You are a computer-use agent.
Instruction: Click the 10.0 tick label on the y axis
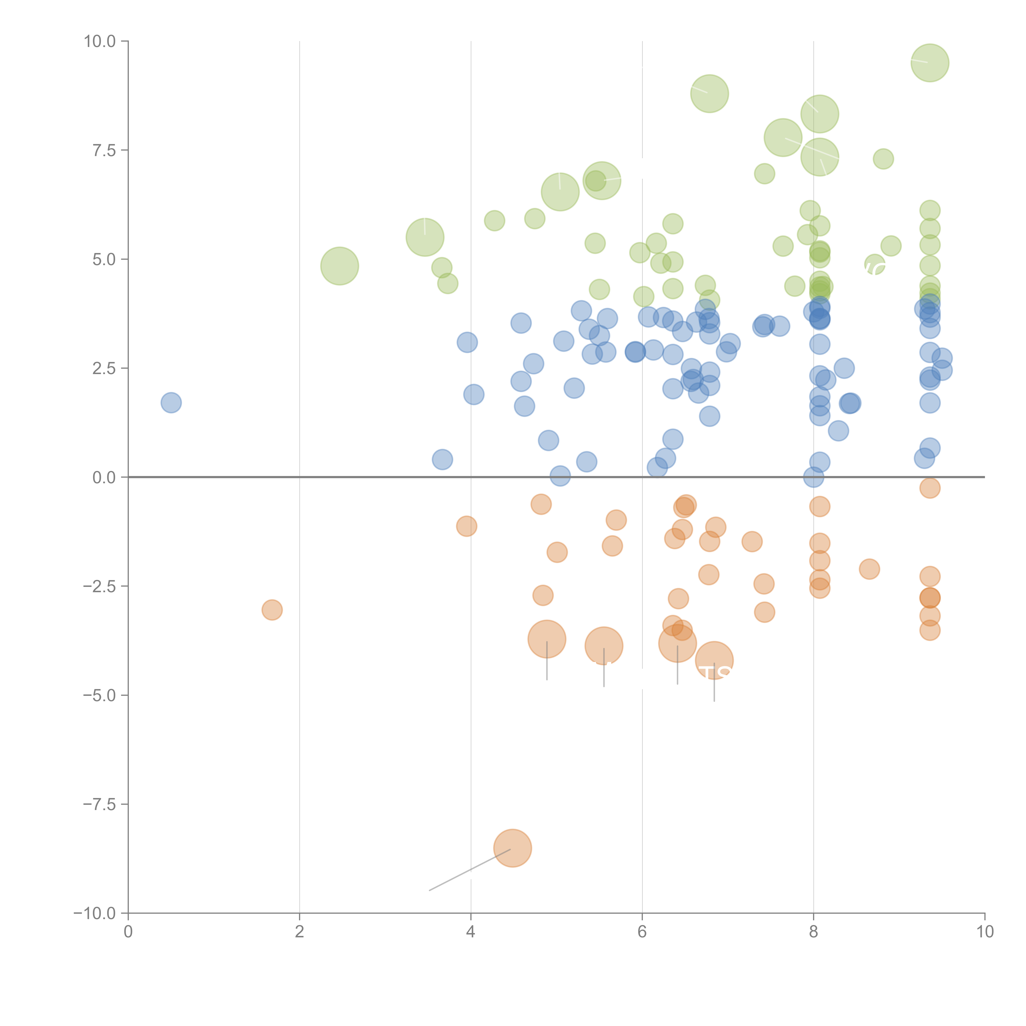coord(100,41)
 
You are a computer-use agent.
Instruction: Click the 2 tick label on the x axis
coord(300,932)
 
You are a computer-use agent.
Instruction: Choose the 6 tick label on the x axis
coord(642,932)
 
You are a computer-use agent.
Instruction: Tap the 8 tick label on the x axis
coord(814,932)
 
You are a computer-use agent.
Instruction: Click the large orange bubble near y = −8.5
coord(512,848)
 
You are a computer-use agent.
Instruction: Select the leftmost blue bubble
coord(171,403)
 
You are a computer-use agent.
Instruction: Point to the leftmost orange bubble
coord(272,610)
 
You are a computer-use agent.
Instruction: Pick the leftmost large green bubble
coord(339,266)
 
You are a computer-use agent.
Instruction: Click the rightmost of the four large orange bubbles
coord(714,660)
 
